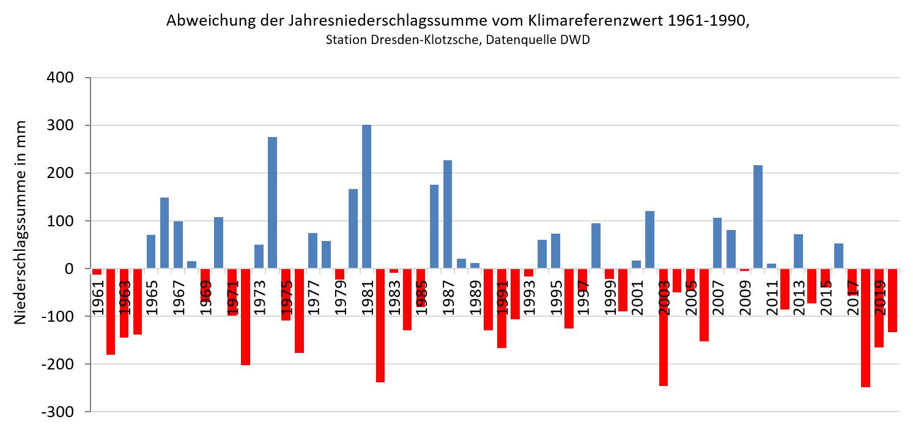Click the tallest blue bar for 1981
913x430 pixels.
click(x=366, y=196)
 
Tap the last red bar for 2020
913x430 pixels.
click(x=892, y=300)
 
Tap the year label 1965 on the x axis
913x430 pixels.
click(x=151, y=298)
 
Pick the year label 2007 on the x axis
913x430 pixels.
click(x=717, y=298)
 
